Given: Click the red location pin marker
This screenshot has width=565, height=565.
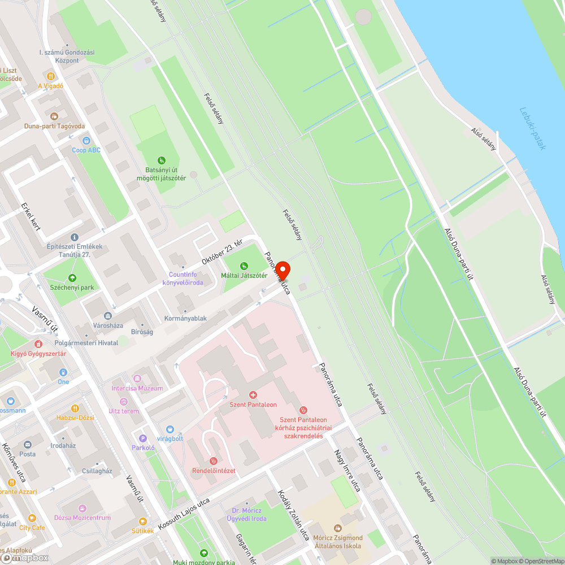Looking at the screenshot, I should (x=282, y=270).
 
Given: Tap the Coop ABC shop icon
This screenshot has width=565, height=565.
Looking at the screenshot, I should (x=86, y=140).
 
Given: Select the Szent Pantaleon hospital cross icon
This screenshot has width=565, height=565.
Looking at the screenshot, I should (x=253, y=394).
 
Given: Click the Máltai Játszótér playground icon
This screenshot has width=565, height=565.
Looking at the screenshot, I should (x=244, y=266).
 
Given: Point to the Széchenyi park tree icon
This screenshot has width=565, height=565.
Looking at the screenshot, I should (x=72, y=277).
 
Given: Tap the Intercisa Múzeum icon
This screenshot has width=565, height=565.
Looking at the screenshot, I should (x=137, y=378).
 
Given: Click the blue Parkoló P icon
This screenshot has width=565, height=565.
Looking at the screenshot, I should (x=143, y=438).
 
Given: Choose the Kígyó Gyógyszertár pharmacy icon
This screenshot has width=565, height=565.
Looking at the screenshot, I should (x=38, y=344).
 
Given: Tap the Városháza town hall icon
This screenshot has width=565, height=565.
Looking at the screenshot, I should (x=107, y=316).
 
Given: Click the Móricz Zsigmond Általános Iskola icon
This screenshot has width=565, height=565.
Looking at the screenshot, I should (x=338, y=528).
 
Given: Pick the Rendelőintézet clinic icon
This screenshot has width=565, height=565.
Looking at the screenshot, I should (x=214, y=460).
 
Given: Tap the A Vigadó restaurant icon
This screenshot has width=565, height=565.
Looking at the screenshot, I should (x=50, y=76).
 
